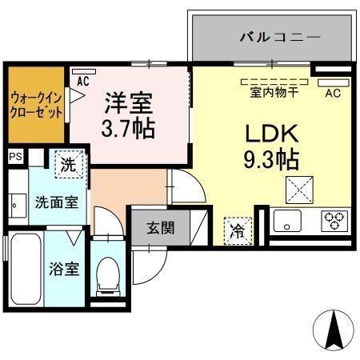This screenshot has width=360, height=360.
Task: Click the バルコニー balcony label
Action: tap(280, 37)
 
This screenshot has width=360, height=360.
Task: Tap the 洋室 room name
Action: tap(129, 103)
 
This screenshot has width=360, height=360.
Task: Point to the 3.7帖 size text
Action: tap(128, 128)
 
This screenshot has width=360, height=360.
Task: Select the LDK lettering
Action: tap(272, 134)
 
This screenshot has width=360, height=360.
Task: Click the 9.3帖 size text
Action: tap(272, 159)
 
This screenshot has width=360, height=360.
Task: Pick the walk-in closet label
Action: tap(36, 105)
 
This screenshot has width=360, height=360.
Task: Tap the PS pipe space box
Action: tap(16, 156)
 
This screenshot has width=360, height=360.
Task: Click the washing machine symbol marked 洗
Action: tap(70, 164)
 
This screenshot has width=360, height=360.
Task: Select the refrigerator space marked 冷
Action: tap(238, 231)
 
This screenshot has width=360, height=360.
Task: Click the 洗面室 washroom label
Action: tap(57, 202)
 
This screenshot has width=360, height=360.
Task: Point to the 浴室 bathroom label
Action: tap(64, 269)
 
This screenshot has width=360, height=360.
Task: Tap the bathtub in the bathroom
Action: tap(26, 269)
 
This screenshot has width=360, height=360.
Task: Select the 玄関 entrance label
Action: tap(161, 228)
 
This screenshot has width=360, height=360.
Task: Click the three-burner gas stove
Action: tap(334, 221)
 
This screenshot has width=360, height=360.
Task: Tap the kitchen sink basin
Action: tap(287, 221)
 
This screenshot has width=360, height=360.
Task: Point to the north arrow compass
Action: tap(334, 330)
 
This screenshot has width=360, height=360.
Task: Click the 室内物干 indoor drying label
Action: tap(274, 93)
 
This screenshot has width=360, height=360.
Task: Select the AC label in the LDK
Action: tap(333, 93)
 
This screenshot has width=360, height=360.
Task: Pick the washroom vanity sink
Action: tap(18, 206)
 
